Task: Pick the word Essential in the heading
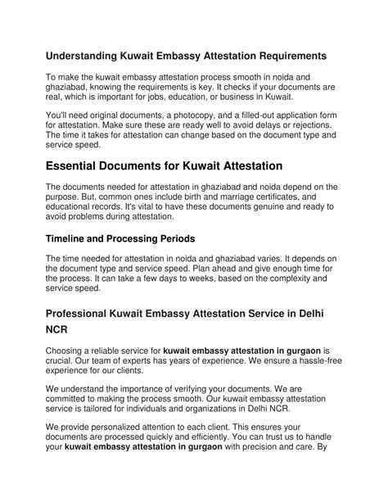[x=79, y=166]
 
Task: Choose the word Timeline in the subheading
[x=71, y=240]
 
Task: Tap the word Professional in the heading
[x=91, y=314]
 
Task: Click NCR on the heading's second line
[x=59, y=334]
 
